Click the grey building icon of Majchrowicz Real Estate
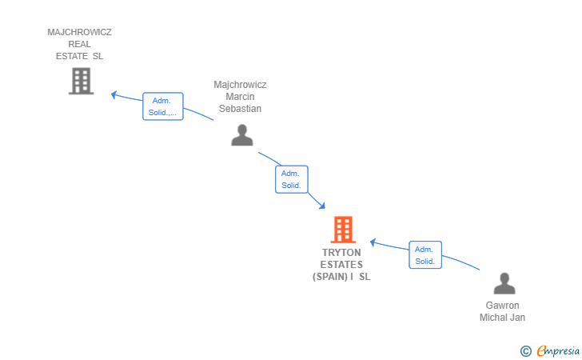[81, 81]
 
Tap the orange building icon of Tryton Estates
[343, 230]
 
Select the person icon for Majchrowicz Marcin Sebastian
[241, 135]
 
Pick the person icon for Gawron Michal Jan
[504, 284]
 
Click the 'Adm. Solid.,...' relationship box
[163, 106]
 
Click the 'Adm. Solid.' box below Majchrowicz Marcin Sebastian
[291, 179]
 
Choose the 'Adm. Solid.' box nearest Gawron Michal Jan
[425, 255]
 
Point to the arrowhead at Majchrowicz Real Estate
[114, 94]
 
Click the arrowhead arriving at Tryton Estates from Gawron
[373, 242]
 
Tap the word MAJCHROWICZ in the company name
[79, 33]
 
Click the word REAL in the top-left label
[79, 45]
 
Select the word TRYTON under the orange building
[341, 253]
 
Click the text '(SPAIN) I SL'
[341, 277]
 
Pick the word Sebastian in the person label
[240, 109]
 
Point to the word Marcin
[240, 97]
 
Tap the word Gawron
[502, 306]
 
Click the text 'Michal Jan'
[502, 318]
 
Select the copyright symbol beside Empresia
[525, 350]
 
